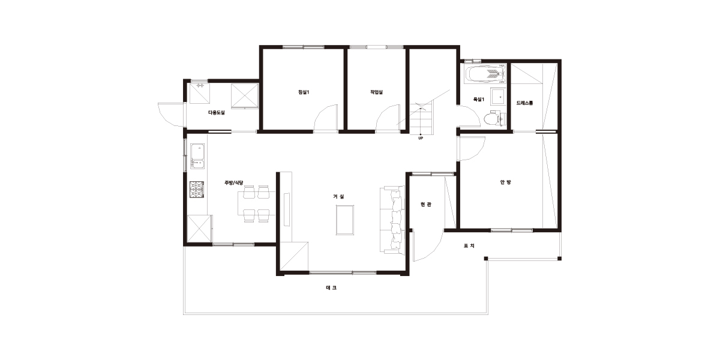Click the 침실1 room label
pos(304,92)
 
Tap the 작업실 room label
pos(376,92)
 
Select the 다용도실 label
pos(217,113)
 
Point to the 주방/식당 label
pos(233,182)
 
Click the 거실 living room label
pos(338,196)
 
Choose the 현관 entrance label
pos(426,204)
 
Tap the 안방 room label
pos(505,182)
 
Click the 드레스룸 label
pos(524,103)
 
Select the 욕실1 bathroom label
pos(479,100)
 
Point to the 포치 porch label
pos(469,245)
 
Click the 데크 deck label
pos(331,287)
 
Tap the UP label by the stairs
pos(421,138)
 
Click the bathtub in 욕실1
pos(485,74)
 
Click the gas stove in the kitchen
pos(197,190)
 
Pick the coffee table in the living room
pos(345,220)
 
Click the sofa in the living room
pos(392,220)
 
